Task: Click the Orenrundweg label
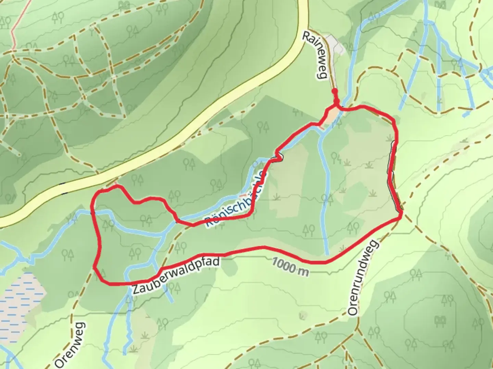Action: point(363,277)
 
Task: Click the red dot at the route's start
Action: point(334,91)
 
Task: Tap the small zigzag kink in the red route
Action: point(279,157)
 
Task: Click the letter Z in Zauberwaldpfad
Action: point(136,289)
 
